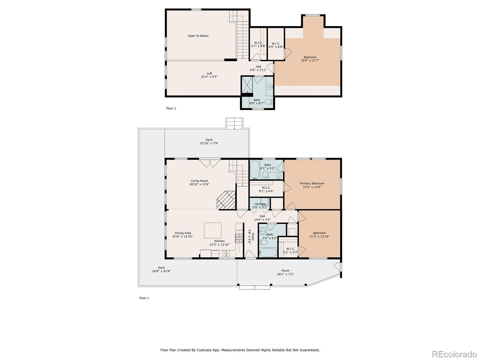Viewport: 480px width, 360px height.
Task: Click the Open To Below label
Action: (x=198, y=36)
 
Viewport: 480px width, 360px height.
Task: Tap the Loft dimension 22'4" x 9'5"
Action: (x=209, y=77)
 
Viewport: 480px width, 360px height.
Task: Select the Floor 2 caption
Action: (x=171, y=108)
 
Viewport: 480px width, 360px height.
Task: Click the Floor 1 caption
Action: (x=144, y=298)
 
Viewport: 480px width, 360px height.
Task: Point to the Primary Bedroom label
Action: (x=312, y=183)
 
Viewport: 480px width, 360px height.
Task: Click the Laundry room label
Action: (x=260, y=204)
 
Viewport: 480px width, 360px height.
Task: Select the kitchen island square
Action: (x=213, y=230)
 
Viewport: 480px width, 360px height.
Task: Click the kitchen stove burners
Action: (x=239, y=238)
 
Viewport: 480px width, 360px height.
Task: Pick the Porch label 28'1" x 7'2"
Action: (x=285, y=272)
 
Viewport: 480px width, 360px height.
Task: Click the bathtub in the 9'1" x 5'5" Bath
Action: (x=255, y=170)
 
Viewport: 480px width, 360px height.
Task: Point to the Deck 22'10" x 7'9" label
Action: (x=209, y=141)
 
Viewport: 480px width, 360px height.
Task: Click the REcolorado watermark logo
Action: (x=455, y=354)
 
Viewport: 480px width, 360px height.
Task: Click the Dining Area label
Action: (x=183, y=233)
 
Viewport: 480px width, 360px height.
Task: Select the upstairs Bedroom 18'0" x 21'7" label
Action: (x=310, y=59)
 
